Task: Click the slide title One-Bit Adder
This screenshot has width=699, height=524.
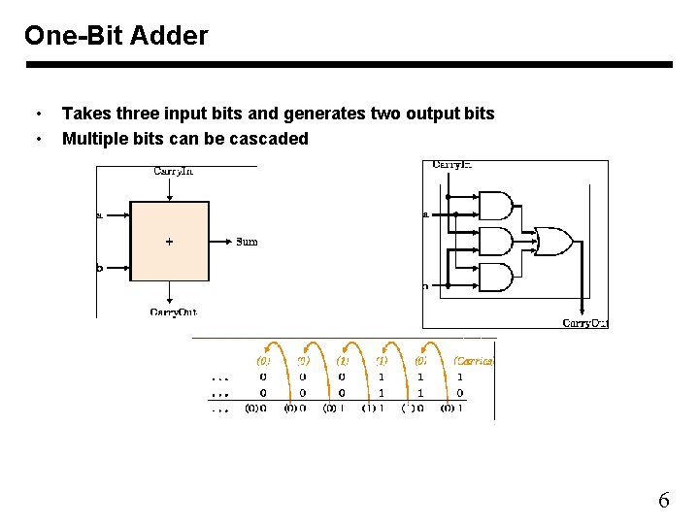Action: (x=116, y=36)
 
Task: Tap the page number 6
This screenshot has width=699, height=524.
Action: (x=664, y=501)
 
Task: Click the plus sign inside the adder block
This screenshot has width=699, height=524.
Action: (x=170, y=242)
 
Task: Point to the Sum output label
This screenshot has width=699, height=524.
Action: (x=247, y=242)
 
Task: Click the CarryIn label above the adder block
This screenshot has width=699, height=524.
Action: (x=173, y=172)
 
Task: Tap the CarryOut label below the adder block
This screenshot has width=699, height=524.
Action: (x=173, y=311)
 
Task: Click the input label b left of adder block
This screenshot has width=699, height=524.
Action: (x=99, y=268)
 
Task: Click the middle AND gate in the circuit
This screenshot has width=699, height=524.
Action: (x=496, y=242)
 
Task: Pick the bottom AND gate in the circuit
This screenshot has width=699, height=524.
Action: (x=496, y=277)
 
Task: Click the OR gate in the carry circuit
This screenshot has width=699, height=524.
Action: (x=553, y=242)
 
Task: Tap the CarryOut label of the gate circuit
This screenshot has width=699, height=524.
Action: (x=585, y=322)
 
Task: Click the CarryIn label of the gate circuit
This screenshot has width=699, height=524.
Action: (x=451, y=165)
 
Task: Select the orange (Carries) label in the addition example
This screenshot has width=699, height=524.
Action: (x=474, y=360)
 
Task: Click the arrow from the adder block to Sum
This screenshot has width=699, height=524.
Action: (x=220, y=242)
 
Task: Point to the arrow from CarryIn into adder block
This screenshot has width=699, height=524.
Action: (x=170, y=190)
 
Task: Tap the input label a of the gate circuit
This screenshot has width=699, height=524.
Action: (x=425, y=214)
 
